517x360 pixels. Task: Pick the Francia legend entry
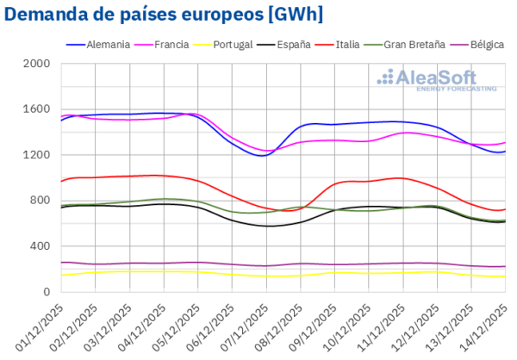[x=173, y=43]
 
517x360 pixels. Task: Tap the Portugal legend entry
[x=233, y=43]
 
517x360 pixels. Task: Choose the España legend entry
[x=294, y=43]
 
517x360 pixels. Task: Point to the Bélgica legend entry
[x=488, y=43]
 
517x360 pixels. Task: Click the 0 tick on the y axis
[x=47, y=292]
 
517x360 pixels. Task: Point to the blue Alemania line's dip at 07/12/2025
[x=263, y=155]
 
